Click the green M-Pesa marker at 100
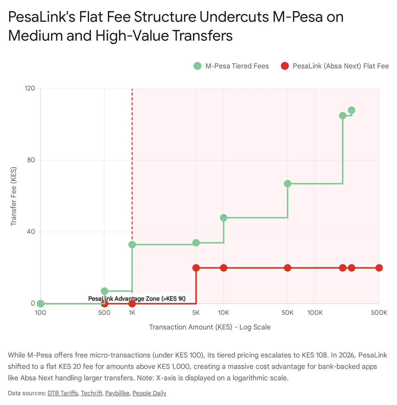click(41, 304)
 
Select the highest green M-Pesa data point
click(352, 110)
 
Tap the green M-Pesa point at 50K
click(288, 184)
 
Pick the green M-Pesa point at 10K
click(224, 218)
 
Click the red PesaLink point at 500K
click(379, 268)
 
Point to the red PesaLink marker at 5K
click(196, 268)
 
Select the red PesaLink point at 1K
click(132, 304)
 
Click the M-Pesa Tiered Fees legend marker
click(198, 66)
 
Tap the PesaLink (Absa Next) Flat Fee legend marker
click(285, 66)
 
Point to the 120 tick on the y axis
click(30, 88)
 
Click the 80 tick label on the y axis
click(31, 160)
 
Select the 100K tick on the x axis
click(315, 313)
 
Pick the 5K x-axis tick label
click(196, 313)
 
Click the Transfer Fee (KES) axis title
click(13, 196)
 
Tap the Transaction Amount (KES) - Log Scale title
click(210, 327)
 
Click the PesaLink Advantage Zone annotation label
click(137, 299)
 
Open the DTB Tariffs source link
click(63, 393)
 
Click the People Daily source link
click(150, 393)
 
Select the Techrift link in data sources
click(92, 393)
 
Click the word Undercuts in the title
click(234, 17)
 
